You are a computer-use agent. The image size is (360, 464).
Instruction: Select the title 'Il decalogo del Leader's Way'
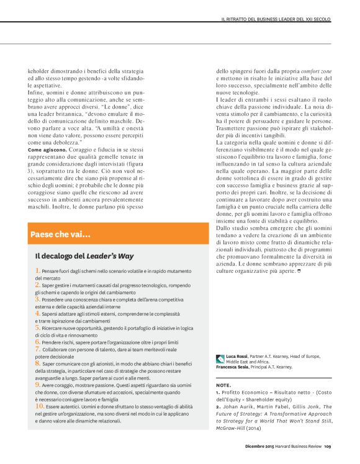point(84,256)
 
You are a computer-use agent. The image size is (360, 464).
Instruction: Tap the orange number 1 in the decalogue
point(38,270)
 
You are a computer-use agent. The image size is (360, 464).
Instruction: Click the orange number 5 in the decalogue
point(38,326)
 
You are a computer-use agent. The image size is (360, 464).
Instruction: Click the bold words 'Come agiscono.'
point(47,151)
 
